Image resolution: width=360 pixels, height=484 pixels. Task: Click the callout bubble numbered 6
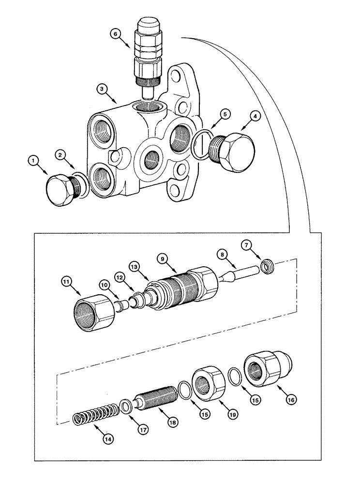(114, 34)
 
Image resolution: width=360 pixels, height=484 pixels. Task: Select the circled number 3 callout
(101, 89)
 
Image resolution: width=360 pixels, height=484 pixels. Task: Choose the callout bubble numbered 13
(134, 266)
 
